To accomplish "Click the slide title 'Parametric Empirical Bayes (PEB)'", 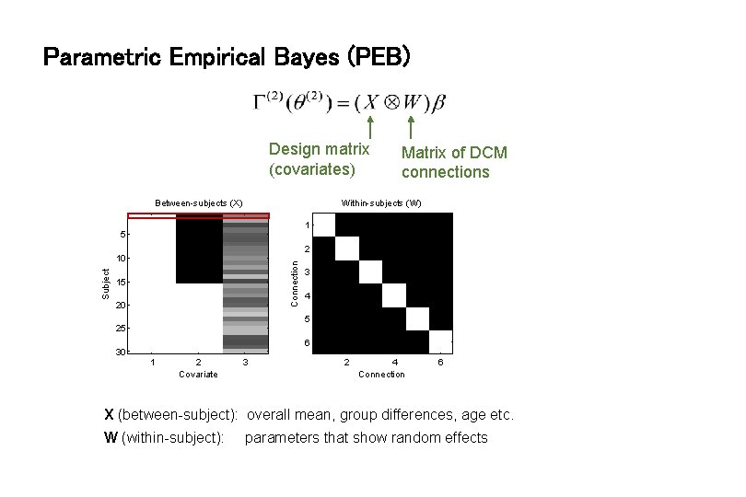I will point(227,58).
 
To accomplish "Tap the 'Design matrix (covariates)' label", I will point(319,158).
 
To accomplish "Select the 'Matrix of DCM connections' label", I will point(454,162).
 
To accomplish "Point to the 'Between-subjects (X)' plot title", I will point(199,202).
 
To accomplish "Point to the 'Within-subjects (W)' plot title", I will point(381,202).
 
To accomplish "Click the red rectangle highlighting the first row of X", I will point(199,216).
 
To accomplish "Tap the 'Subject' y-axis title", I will point(106,283).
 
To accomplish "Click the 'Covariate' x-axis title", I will point(199,374).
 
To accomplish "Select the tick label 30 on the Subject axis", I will point(120,353).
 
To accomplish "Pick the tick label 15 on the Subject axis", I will point(120,282).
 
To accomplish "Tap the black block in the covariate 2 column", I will point(199,248).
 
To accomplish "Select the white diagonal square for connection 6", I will point(441,341).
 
